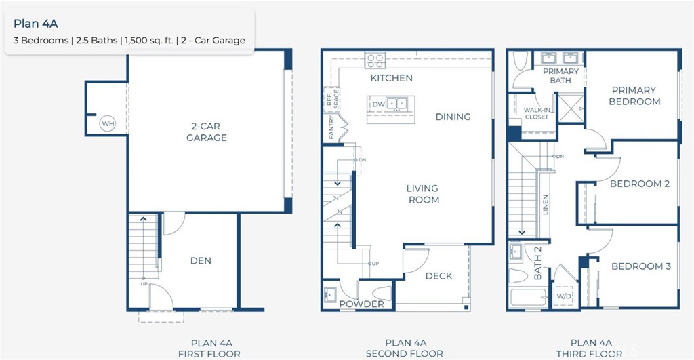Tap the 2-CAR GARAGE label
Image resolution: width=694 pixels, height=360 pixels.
coord(206,132)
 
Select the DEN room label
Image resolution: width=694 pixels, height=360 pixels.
coord(201,260)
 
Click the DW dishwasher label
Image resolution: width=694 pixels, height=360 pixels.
coord(378,104)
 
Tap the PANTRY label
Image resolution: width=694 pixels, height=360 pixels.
coord(332,127)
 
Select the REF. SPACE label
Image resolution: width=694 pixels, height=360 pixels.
coord(332,100)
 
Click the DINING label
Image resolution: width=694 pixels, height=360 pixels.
coord(453,117)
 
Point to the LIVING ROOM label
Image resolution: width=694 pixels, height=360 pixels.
coord(422,194)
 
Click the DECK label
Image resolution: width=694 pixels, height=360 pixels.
coord(438,276)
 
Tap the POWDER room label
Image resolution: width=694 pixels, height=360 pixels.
coord(361,304)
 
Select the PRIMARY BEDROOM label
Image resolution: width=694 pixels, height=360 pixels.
coord(634,96)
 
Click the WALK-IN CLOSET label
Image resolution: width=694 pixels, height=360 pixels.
coord(536,113)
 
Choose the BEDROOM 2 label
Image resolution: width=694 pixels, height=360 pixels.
coord(639,184)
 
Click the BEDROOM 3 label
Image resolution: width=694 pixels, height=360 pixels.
coord(640,266)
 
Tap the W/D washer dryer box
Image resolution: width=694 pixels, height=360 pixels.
coord(563,296)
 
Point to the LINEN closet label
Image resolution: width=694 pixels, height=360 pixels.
coord(546,205)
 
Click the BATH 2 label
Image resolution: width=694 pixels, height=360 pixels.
coord(537,264)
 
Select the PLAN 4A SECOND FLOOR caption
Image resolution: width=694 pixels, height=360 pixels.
coord(404,348)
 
